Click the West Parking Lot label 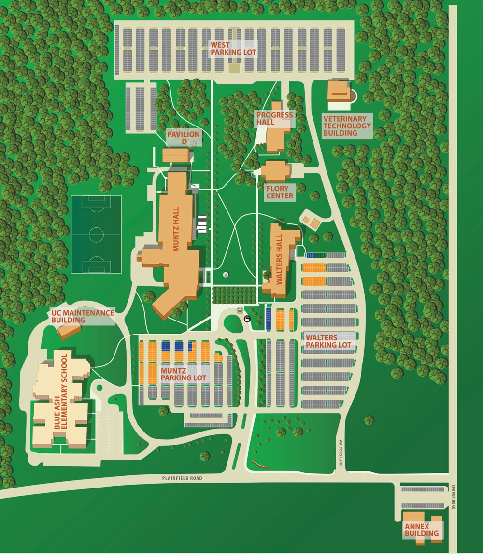[x=233, y=48]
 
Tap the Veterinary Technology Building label [x=347, y=126]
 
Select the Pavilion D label [x=184, y=138]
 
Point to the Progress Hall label [x=274, y=118]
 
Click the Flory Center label [x=280, y=192]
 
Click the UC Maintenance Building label [x=83, y=316]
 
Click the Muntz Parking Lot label [x=184, y=374]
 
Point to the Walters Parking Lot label [x=328, y=341]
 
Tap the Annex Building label [x=422, y=530]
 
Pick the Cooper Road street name [x=454, y=497]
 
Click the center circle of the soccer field [x=96, y=235]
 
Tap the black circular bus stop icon [x=247, y=318]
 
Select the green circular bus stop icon [x=240, y=310]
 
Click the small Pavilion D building [x=176, y=155]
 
